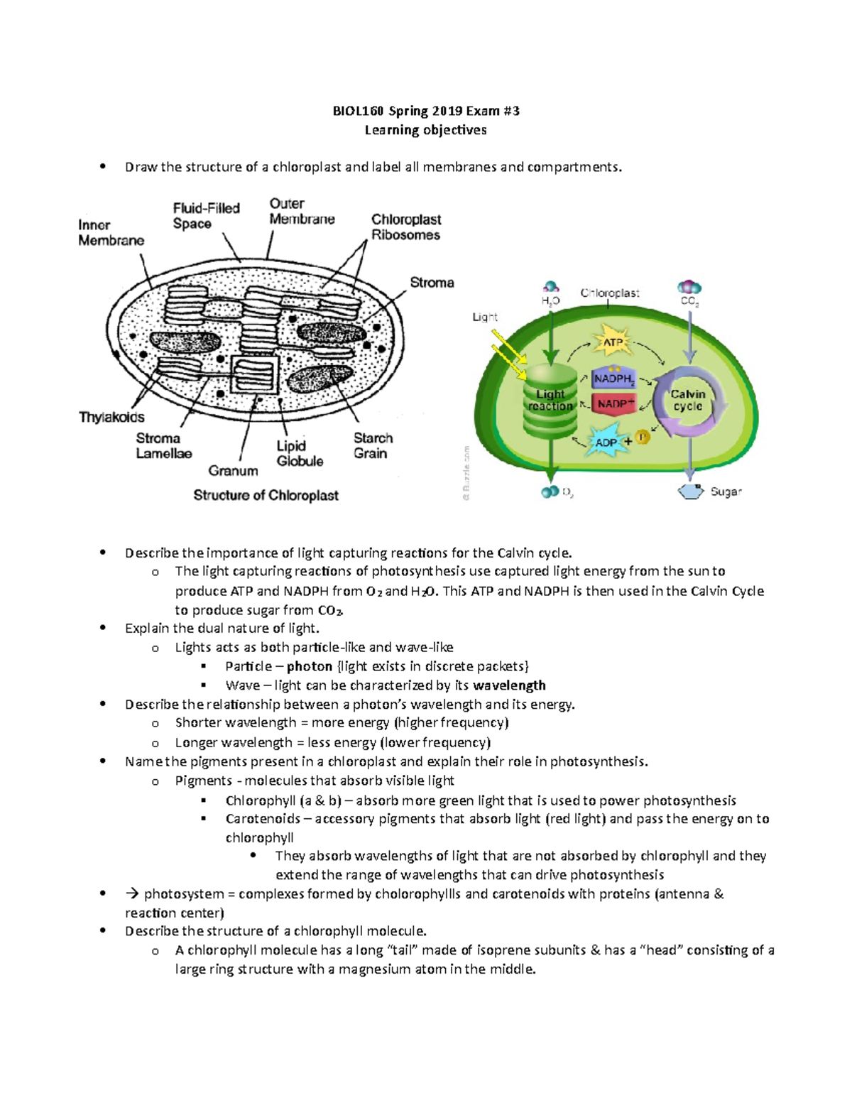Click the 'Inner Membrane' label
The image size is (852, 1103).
coord(111,233)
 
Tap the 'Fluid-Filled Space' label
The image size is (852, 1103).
coord(206,216)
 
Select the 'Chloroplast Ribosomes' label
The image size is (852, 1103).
coord(405,227)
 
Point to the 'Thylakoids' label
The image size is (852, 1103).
coord(111,417)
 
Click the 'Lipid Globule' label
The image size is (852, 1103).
coord(300,453)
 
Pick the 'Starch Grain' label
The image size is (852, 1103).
coord(373,445)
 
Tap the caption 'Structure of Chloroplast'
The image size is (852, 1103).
coord(266,495)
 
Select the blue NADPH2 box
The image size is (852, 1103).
coord(614,379)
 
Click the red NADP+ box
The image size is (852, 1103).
coord(615,403)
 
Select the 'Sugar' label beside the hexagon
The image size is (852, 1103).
coord(726,491)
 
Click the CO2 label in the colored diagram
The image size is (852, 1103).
coord(689,301)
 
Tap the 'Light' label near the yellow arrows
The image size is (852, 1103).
coord(485,317)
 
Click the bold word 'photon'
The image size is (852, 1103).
coord(310,666)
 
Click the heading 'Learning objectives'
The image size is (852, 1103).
coord(425,130)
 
